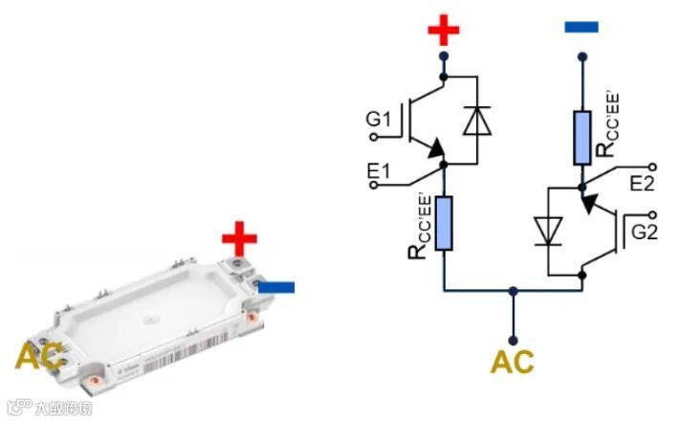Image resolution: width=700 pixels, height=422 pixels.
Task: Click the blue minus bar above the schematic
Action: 580,27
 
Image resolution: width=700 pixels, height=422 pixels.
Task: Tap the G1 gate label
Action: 378,121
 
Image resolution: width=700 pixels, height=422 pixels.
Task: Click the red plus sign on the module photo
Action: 239,236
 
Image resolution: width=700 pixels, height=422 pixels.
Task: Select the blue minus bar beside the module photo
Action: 274,286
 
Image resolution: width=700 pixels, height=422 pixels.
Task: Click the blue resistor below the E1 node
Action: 444,222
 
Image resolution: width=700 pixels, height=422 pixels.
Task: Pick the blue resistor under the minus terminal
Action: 581,137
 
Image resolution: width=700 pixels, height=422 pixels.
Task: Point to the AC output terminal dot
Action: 513,339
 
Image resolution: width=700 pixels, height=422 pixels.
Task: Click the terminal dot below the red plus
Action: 444,56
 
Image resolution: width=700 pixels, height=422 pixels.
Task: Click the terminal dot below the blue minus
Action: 581,56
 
